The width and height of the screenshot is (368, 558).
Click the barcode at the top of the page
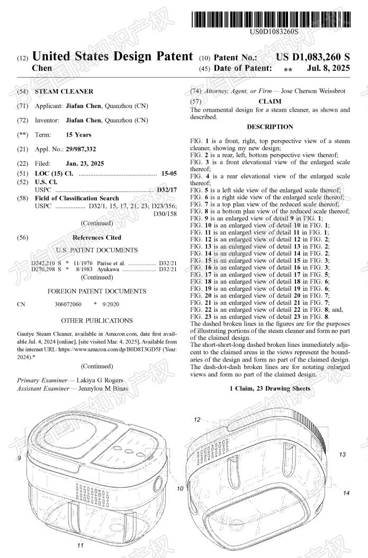tap(271, 20)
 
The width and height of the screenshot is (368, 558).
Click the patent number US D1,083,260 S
tap(313, 57)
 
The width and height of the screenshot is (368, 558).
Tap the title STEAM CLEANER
tap(64, 92)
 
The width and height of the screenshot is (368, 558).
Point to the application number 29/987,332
tap(81, 149)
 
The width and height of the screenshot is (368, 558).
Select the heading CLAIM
tap(270, 101)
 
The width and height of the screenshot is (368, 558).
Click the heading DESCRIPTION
tap(270, 127)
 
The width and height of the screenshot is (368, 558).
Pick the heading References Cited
tap(96, 238)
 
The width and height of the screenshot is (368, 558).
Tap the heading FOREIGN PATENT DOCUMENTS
tap(97, 291)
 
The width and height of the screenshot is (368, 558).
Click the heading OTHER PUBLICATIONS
tap(97, 320)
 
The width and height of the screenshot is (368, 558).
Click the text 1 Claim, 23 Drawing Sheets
tap(270, 389)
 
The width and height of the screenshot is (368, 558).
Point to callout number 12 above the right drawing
tap(197, 419)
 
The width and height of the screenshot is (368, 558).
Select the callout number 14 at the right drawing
tap(346, 493)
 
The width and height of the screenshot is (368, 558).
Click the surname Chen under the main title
tap(42, 68)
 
